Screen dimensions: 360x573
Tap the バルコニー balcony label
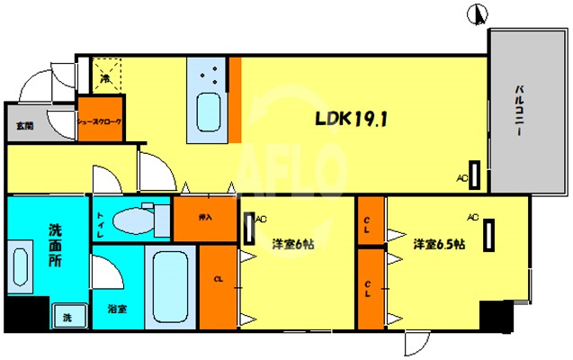tap(521, 110)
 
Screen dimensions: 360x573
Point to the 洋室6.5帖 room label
tap(439, 244)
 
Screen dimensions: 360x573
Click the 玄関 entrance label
tap(22, 126)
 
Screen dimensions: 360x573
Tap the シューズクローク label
tap(99, 121)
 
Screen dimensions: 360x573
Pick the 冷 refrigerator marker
tap(106, 78)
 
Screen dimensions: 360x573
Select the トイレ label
tap(101, 222)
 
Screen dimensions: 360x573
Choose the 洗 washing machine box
tap(67, 316)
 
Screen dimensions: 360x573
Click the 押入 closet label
tap(204, 217)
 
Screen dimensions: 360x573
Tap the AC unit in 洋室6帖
tap(247, 229)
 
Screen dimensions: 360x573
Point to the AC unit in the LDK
tap(474, 175)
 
